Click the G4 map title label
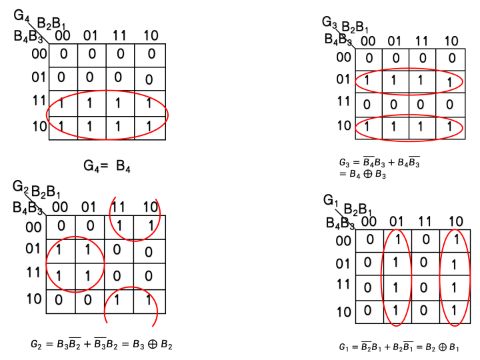click(x=21, y=13)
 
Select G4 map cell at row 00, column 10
click(x=150, y=54)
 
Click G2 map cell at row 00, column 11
click(x=119, y=227)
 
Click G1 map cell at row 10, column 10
click(x=453, y=310)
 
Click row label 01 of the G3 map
click(x=344, y=81)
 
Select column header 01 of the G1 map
click(x=396, y=221)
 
